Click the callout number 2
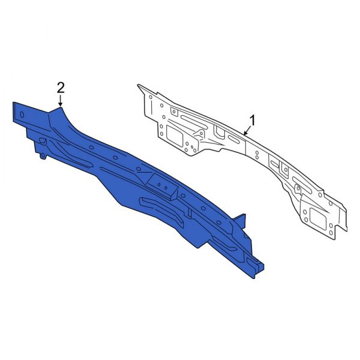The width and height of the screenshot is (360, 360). click(x=60, y=88)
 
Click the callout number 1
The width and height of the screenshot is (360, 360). click(x=253, y=121)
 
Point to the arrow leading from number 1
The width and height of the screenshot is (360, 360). click(x=247, y=130)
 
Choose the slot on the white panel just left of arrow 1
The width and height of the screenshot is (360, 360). click(x=233, y=137)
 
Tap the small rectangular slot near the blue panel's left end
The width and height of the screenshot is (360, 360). click(x=43, y=141)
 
